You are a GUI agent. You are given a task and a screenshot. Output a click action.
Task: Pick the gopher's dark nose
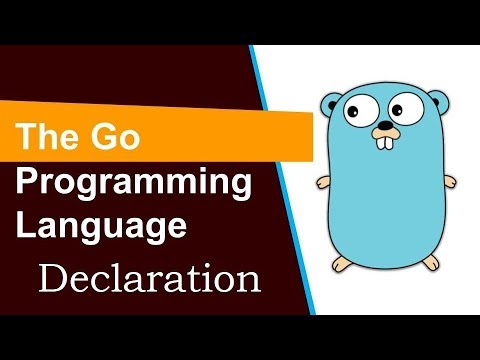[383, 129]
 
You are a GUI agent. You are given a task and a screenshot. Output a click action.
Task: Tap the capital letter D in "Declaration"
[55, 276]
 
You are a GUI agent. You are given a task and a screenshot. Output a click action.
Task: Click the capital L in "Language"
[28, 226]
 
